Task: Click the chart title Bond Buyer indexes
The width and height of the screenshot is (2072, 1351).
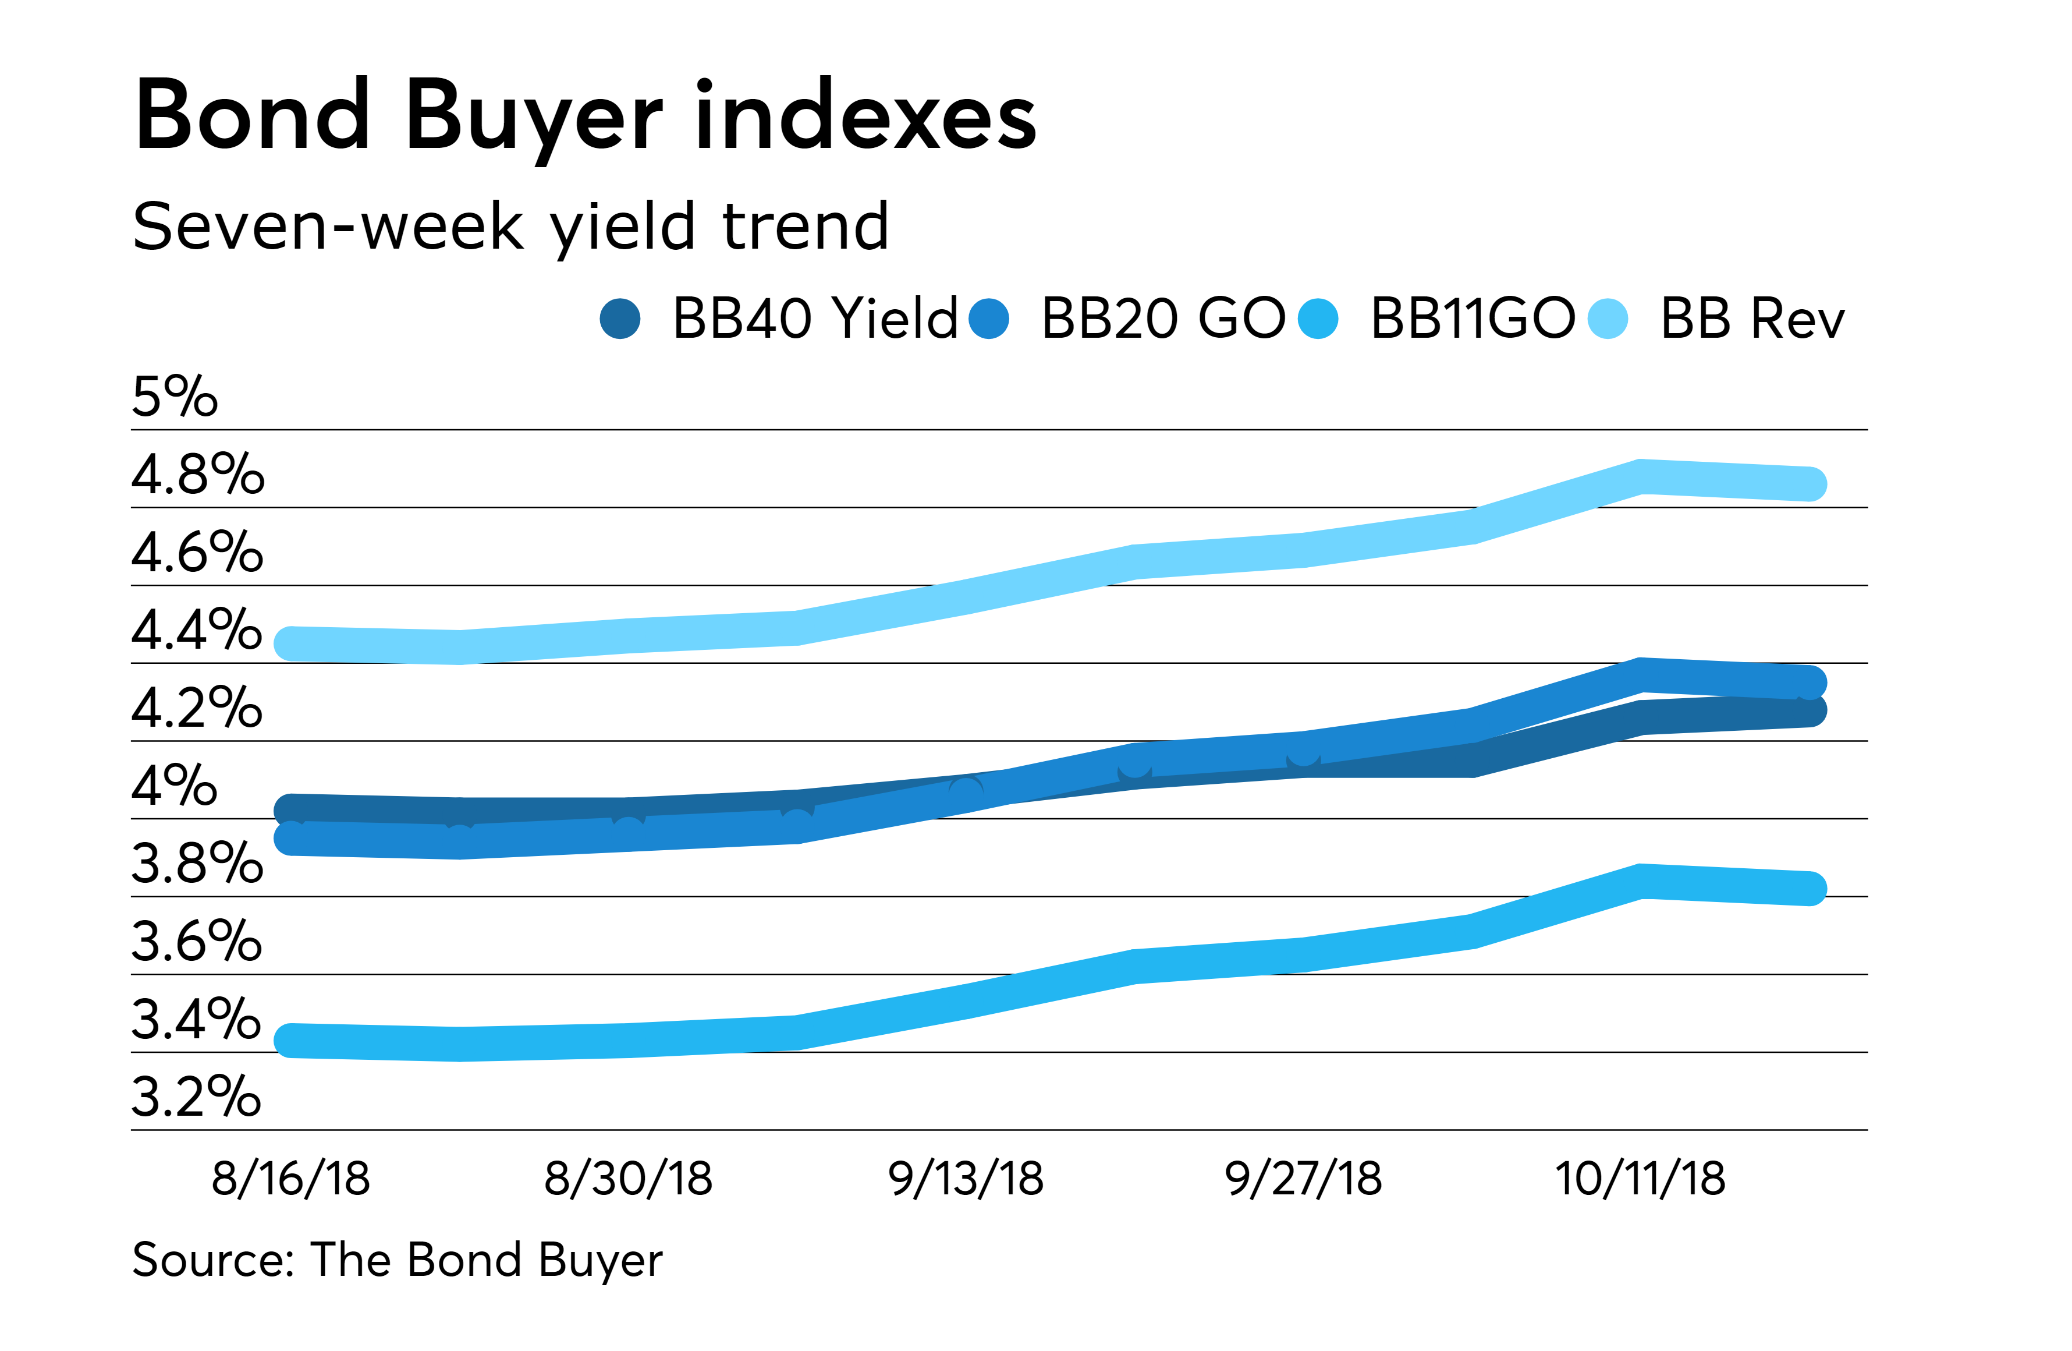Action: [585, 116]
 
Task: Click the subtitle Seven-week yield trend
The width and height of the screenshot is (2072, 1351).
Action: [510, 227]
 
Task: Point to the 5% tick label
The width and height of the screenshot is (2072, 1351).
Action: [174, 397]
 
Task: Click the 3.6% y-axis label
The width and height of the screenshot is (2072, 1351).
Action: [197, 942]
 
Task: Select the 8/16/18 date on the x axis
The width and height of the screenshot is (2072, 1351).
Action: [291, 1179]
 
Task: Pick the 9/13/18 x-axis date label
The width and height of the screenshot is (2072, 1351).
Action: [966, 1179]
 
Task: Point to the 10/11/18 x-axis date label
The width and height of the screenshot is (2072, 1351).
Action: [1640, 1179]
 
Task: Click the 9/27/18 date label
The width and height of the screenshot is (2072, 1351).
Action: [1303, 1179]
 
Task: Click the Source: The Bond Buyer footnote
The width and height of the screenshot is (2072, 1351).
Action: [397, 1260]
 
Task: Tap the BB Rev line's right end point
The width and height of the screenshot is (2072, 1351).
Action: [1809, 483]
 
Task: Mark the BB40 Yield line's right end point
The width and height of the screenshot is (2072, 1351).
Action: [1809, 710]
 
